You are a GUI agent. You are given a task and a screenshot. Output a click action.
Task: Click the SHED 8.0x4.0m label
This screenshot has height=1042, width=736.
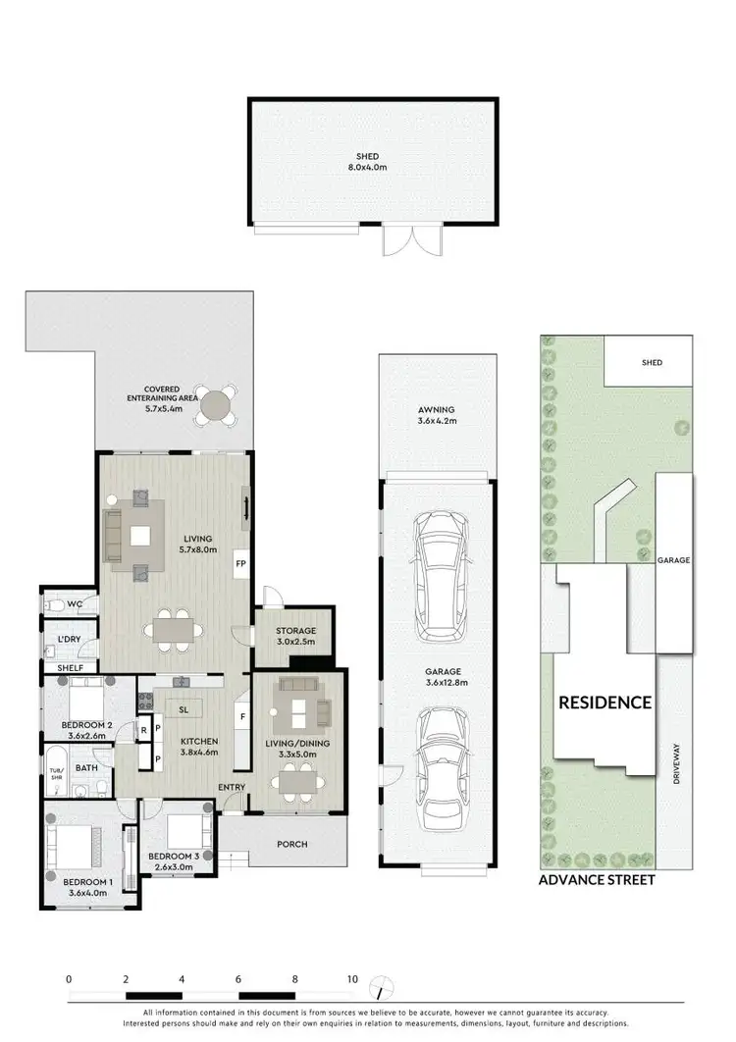click(x=368, y=163)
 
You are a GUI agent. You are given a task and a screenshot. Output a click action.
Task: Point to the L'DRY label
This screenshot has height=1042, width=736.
click(x=69, y=639)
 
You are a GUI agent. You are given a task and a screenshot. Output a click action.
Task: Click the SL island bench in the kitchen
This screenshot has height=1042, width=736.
click(x=184, y=707)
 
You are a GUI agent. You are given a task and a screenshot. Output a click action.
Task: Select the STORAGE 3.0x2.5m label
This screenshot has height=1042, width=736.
click(x=294, y=637)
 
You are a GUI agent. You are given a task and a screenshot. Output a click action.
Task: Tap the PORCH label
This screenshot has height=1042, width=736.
click(x=292, y=844)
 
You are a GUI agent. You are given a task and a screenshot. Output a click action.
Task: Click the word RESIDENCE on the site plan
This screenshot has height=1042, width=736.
click(x=605, y=702)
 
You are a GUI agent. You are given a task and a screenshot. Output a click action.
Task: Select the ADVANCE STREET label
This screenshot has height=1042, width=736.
click(x=597, y=880)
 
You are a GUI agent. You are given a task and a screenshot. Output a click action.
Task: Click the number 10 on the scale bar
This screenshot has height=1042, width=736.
click(x=351, y=979)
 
